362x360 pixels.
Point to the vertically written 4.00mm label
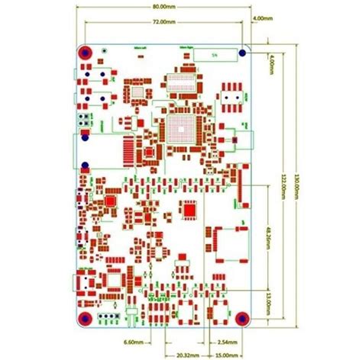(273, 63)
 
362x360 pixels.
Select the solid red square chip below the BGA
(189, 207)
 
